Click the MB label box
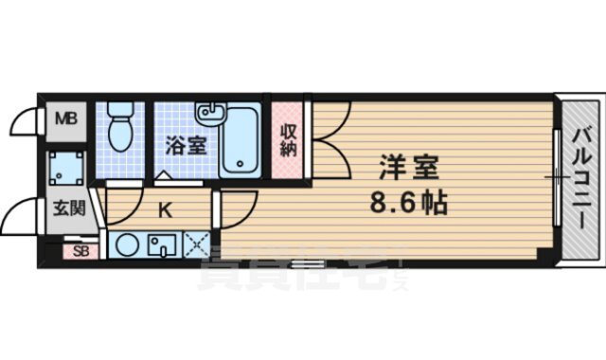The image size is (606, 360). click(x=64, y=119)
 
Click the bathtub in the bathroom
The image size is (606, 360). click(x=242, y=140)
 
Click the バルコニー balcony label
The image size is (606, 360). click(x=579, y=177)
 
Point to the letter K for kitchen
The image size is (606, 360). click(x=163, y=209)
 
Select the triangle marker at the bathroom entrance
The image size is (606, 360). click(x=162, y=176)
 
